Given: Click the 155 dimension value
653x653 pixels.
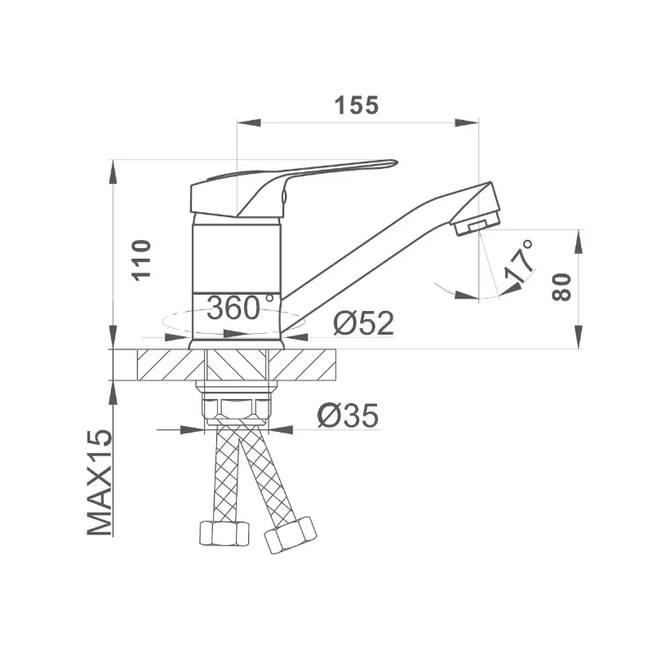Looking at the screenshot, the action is pos(357,105).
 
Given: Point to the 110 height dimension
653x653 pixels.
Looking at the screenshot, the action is pos(141,260).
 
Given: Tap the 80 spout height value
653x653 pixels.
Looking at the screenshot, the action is pos(562,287).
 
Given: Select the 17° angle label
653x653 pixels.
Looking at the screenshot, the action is pos(519,261).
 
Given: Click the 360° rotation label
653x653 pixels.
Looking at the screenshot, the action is pos(240,308).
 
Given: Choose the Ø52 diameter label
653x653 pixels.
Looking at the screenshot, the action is pos(363,323).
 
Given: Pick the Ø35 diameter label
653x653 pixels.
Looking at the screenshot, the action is pos(349,415).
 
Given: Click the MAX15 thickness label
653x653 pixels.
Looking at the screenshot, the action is pos(100,482).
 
